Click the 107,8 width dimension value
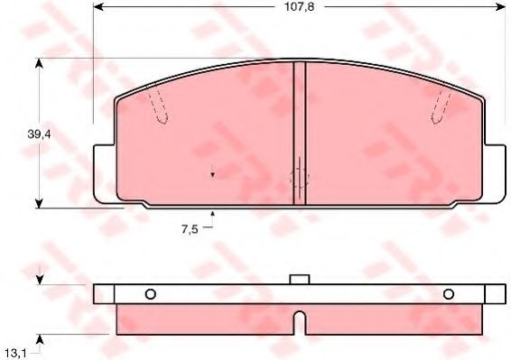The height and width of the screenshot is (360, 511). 300,6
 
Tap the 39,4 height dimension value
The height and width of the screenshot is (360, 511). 39,134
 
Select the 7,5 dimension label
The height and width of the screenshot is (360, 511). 190,229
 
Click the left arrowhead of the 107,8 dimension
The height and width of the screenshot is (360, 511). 98,6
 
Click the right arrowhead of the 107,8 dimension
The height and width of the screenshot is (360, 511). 500,6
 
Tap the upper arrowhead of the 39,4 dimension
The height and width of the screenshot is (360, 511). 39,64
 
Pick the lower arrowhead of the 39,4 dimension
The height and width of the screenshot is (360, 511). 39,203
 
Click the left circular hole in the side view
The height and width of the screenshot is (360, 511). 150,294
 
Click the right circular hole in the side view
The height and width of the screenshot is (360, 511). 449,294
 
